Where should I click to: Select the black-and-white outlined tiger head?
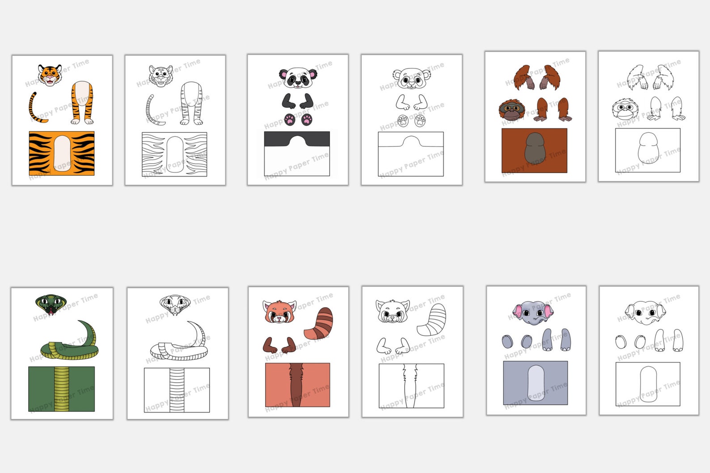(161, 76)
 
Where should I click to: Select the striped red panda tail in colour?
(319, 323)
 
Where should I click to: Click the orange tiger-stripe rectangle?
(62, 153)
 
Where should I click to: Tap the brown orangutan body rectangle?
(534, 151)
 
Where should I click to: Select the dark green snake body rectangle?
(62, 389)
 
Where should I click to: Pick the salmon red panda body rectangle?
(298, 385)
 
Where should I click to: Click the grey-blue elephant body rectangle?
(536, 383)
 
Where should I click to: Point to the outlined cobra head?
(175, 304)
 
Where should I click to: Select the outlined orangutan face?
(625, 109)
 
